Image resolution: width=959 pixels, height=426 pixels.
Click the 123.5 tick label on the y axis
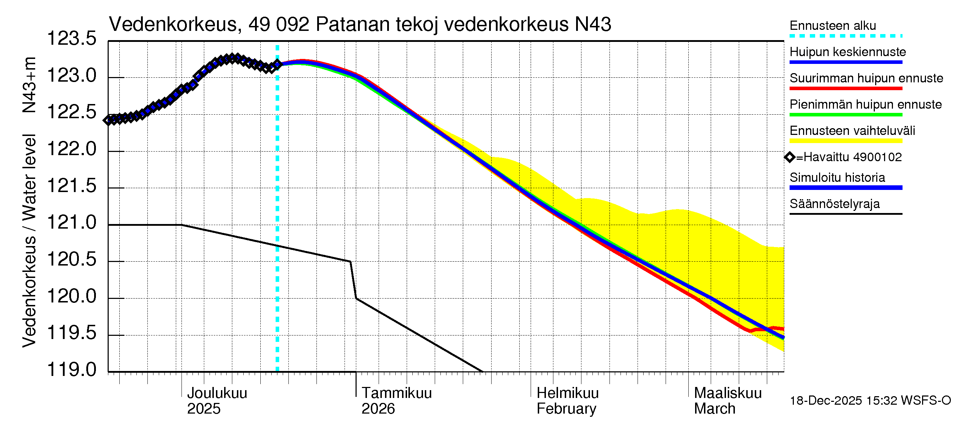pyautogui.click(x=71, y=39)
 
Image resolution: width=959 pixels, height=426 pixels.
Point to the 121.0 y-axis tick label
pyautogui.click(x=71, y=223)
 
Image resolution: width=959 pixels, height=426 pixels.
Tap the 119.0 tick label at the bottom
pyautogui.click(x=71, y=370)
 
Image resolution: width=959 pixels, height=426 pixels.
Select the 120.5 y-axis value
pyautogui.click(x=71, y=260)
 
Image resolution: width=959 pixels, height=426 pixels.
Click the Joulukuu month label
pyautogui.click(x=217, y=393)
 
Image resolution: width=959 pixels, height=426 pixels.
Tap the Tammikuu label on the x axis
pyautogui.click(x=396, y=393)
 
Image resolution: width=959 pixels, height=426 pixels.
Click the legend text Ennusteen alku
pyautogui.click(x=833, y=26)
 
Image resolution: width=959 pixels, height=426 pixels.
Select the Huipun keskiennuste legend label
pyautogui.click(x=847, y=52)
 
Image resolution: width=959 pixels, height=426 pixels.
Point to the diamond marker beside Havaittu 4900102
pyautogui.click(x=789, y=157)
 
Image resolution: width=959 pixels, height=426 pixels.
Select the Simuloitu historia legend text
pyautogui.click(x=837, y=177)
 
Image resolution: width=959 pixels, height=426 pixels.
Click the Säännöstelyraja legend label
pyautogui.click(x=834, y=204)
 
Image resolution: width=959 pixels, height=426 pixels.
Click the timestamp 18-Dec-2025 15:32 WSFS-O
pyautogui.click(x=870, y=401)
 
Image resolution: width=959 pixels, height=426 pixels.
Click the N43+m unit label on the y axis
pyautogui.click(x=29, y=85)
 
